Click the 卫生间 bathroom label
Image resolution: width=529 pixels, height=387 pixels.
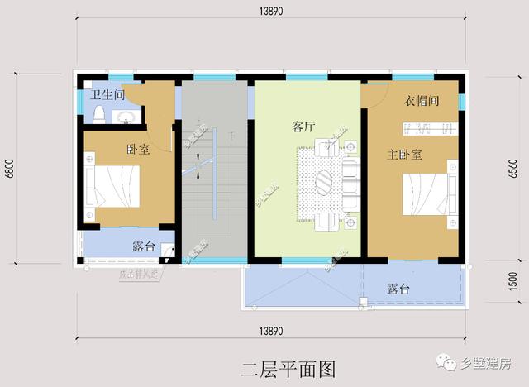(107, 95)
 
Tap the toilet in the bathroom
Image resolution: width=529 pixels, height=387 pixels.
(98, 113)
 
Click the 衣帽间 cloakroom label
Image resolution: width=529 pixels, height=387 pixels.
(421, 102)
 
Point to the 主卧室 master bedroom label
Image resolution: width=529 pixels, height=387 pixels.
(405, 155)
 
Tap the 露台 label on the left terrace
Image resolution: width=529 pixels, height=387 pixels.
(144, 246)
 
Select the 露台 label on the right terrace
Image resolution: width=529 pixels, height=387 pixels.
(398, 289)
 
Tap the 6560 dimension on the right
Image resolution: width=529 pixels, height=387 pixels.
(513, 169)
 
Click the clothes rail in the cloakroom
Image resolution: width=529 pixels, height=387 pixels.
(427, 128)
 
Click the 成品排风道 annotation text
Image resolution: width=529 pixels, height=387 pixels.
(137, 274)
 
